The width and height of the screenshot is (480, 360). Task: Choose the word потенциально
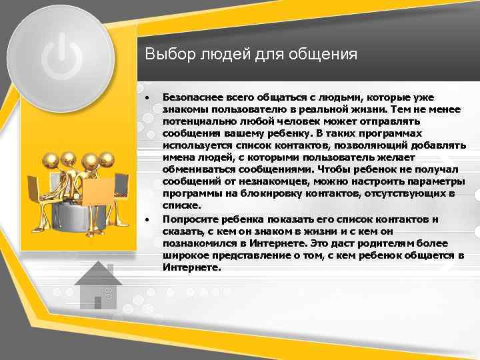point(197,121)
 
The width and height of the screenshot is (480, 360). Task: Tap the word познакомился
point(197,243)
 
